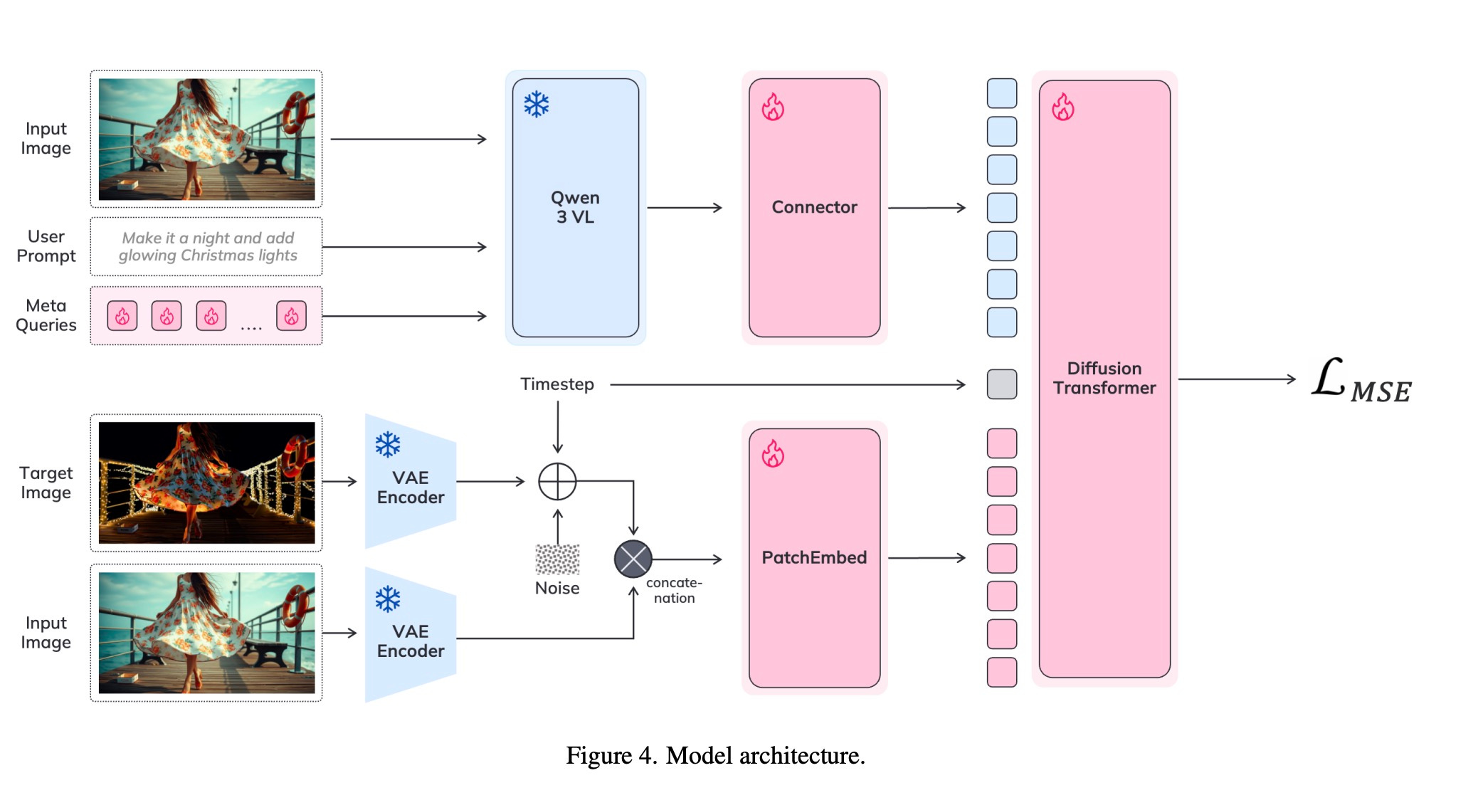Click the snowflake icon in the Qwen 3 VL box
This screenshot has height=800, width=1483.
(x=537, y=105)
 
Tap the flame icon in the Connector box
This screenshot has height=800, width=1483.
(x=773, y=107)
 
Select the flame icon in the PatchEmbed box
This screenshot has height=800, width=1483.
(x=773, y=453)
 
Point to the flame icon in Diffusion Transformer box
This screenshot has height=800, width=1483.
(x=1063, y=107)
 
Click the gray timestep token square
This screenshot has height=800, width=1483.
(x=1002, y=384)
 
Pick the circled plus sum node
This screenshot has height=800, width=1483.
(x=557, y=482)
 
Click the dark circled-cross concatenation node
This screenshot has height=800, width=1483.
(x=633, y=559)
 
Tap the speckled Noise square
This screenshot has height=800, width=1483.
(x=557, y=559)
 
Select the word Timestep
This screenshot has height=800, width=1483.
(x=557, y=384)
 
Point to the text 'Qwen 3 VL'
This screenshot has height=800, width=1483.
(x=575, y=207)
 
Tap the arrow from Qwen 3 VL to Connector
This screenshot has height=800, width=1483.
(x=685, y=208)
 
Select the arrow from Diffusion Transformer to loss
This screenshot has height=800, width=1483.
(x=1237, y=379)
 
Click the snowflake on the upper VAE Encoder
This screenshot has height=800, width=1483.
(x=388, y=445)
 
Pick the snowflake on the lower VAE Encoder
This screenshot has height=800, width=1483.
(x=388, y=599)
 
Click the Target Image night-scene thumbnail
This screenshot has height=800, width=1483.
(x=206, y=483)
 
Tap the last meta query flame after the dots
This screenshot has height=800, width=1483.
(x=291, y=316)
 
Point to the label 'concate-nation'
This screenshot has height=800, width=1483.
(x=674, y=591)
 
